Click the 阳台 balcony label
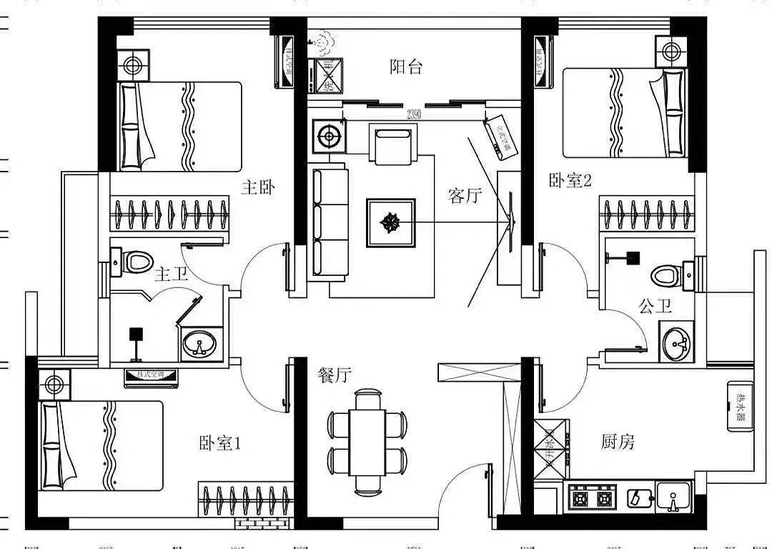(x=406, y=67)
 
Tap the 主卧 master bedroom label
(x=258, y=188)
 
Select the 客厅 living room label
(x=465, y=195)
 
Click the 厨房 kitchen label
(x=618, y=442)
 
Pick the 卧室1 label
(x=220, y=443)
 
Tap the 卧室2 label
(x=570, y=180)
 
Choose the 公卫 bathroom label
(x=655, y=307)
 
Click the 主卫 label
(x=170, y=274)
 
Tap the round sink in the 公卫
(x=675, y=345)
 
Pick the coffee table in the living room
(x=391, y=223)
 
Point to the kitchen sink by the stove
(x=673, y=497)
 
